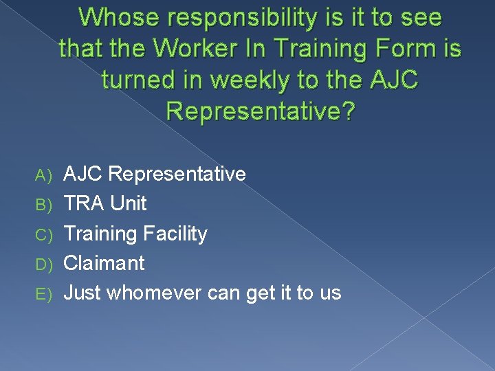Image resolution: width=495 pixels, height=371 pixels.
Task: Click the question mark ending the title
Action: (348, 111)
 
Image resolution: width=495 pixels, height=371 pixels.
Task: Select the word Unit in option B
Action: (129, 204)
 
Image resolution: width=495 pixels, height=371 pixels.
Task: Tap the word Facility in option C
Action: (175, 234)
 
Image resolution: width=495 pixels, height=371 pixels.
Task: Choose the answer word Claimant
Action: (104, 263)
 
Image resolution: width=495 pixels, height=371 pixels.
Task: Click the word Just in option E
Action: (82, 293)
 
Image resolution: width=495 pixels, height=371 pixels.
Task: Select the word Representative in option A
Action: (177, 175)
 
